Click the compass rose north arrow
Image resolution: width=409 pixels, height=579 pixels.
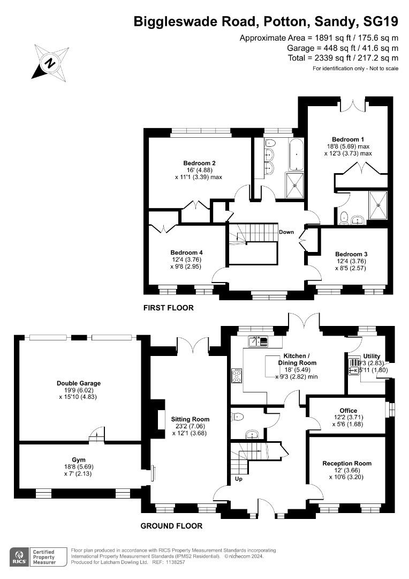point(50,63)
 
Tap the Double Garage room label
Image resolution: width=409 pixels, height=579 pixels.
point(79,383)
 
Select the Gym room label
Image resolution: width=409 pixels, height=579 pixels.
point(79,459)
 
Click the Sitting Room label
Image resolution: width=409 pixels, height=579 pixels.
point(190,419)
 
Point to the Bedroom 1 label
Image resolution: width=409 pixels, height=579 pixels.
point(347,139)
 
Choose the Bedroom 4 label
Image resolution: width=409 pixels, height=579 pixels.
point(186,253)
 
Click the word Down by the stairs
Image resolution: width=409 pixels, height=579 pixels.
point(286,232)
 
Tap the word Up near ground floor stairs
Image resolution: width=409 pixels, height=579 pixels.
point(239,479)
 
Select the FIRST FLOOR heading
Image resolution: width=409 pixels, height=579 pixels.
point(168,308)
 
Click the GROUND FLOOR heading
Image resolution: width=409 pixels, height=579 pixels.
point(171,526)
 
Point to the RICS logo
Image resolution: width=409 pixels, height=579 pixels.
point(21,556)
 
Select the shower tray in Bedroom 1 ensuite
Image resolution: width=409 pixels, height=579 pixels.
point(380,204)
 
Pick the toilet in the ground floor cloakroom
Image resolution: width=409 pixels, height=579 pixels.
point(238,416)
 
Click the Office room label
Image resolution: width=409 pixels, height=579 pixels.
point(348,411)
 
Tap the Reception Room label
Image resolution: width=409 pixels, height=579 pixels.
point(346,463)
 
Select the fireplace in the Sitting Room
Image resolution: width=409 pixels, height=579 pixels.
point(161,420)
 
